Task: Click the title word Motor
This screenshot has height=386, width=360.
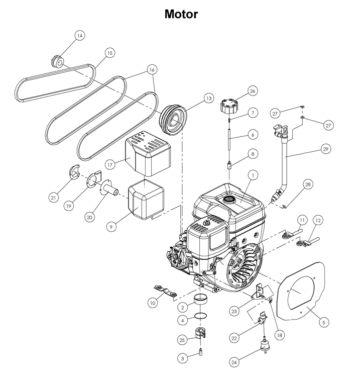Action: pyautogui.click(x=181, y=14)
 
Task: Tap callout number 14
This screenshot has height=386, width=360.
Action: pyautogui.click(x=80, y=36)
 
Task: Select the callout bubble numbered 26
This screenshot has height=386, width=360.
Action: pyautogui.click(x=252, y=91)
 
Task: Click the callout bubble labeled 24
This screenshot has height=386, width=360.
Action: pyautogui.click(x=233, y=361)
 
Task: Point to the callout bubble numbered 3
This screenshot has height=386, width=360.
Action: pyautogui.click(x=183, y=358)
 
